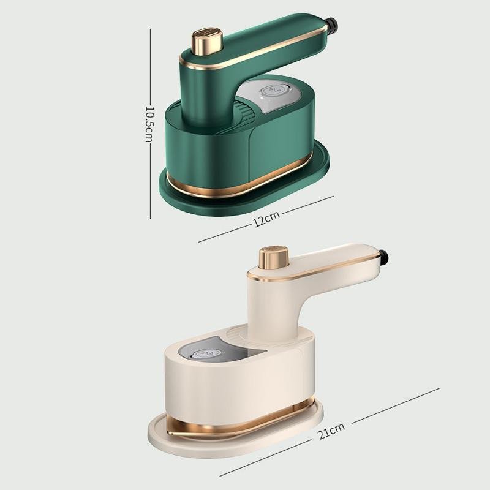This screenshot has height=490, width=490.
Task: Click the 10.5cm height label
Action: [x=149, y=124]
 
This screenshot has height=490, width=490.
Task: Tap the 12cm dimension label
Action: [x=266, y=219]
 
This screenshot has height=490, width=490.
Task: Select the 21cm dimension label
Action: [x=331, y=431]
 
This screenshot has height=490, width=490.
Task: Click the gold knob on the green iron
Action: [x=207, y=40]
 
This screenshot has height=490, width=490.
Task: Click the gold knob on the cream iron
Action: [x=273, y=257]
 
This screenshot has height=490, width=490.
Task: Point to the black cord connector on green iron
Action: [x=333, y=25]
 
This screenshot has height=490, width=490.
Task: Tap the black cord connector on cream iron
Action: [x=383, y=258]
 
